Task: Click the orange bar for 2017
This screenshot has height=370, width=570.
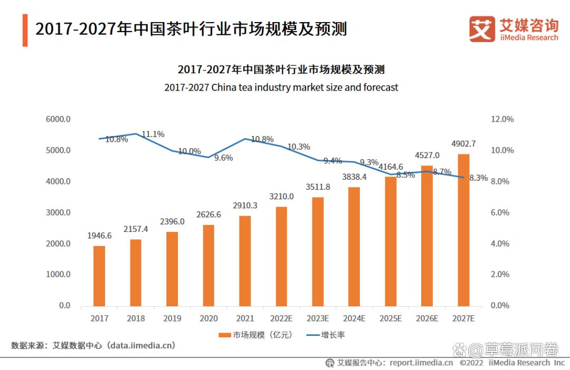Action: [x=99, y=276]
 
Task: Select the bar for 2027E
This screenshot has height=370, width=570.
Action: [x=463, y=230]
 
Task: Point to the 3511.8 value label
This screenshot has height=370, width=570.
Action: [x=318, y=187]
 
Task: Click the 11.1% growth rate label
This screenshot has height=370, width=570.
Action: [x=154, y=134]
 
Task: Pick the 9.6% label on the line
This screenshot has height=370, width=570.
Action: [x=223, y=158]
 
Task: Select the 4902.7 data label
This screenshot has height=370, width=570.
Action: [x=463, y=143]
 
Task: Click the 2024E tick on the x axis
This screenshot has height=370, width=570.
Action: [x=354, y=318]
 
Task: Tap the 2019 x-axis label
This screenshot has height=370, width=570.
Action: [x=172, y=318]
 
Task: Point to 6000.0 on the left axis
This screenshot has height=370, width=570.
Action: [x=58, y=119]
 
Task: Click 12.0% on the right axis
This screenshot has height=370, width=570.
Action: [x=502, y=119]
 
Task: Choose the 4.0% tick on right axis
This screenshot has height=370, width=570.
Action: [x=502, y=244]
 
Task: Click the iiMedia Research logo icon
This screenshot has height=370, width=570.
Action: [x=482, y=29]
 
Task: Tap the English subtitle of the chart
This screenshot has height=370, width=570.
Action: [x=281, y=87]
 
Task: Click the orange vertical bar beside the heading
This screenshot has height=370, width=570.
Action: [x=25, y=30]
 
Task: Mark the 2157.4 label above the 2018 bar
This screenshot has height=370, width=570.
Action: [x=136, y=230]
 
